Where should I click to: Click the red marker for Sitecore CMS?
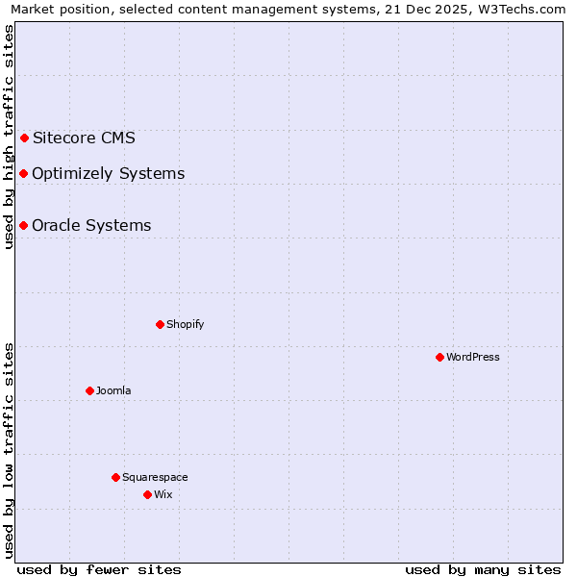click(x=24, y=138)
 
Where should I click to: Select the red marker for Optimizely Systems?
click(x=23, y=174)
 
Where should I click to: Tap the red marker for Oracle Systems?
click(x=23, y=226)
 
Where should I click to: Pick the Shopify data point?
click(x=160, y=324)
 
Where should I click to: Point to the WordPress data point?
click(x=439, y=357)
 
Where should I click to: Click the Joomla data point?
click(x=89, y=390)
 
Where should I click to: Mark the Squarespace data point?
click(x=115, y=477)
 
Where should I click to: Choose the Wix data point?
click(x=147, y=494)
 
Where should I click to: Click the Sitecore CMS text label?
click(x=84, y=138)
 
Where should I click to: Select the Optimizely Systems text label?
click(x=108, y=174)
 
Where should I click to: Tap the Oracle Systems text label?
click(x=91, y=226)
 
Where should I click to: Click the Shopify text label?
click(x=186, y=324)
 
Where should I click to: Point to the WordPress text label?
click(x=473, y=357)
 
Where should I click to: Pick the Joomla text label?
click(x=113, y=390)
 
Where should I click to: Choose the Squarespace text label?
click(x=155, y=477)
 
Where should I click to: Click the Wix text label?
click(x=163, y=494)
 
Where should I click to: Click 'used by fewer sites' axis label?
click(x=99, y=569)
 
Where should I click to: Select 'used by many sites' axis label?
click(x=483, y=569)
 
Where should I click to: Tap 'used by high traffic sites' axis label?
click(x=9, y=137)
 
